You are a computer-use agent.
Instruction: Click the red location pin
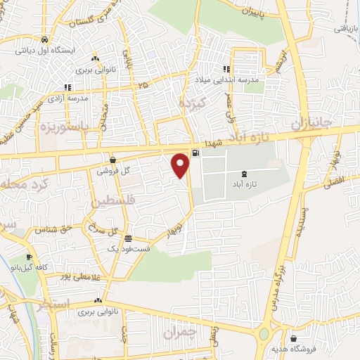click(x=181, y=165)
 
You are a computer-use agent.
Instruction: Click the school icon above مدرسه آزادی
click(x=67, y=88)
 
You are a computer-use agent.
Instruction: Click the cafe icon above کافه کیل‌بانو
click(x=29, y=257)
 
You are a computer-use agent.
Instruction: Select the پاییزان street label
click(x=249, y=11)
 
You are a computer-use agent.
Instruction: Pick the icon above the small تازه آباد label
click(x=243, y=173)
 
